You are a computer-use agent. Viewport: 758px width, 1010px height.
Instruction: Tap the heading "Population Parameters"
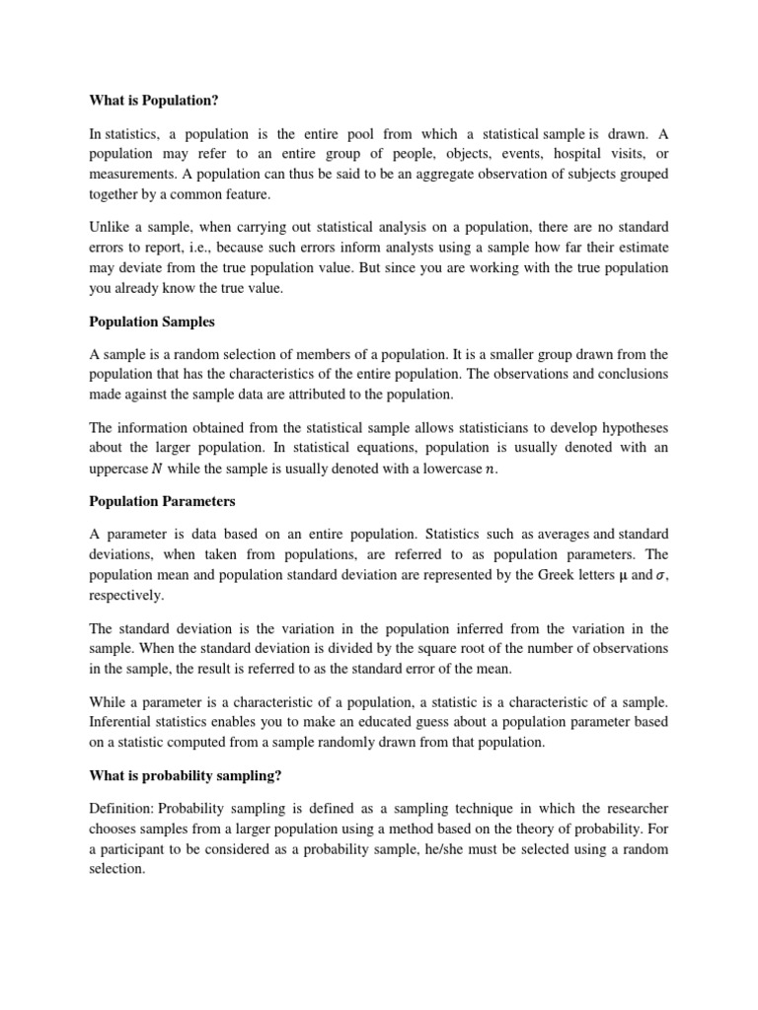pos(163,501)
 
